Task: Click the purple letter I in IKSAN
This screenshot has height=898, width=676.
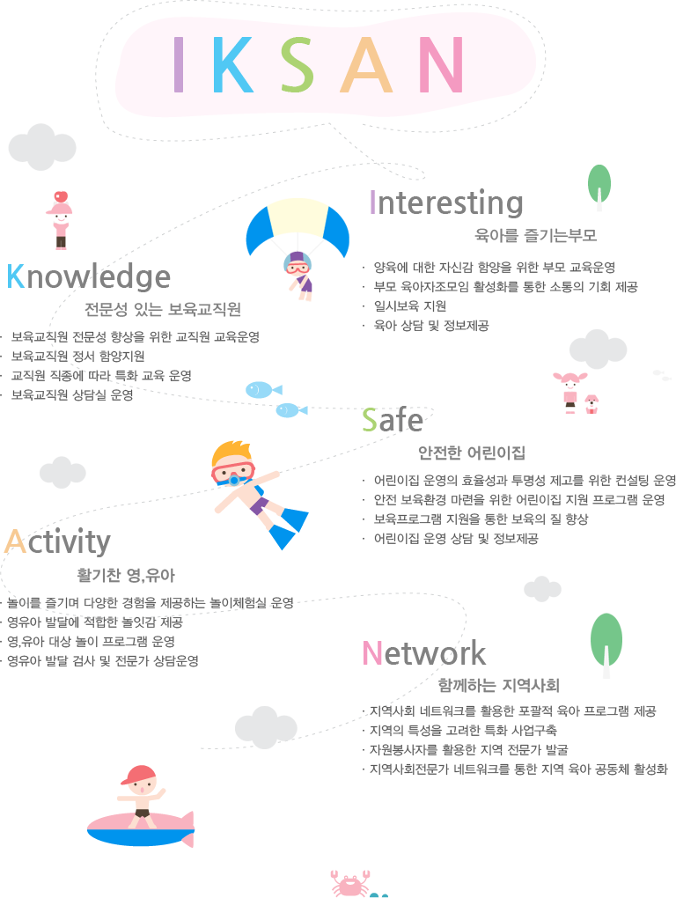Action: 178,64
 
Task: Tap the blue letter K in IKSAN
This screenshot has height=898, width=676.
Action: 233,64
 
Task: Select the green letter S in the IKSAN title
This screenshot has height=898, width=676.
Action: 297,64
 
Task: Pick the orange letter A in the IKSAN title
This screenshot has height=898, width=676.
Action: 366,64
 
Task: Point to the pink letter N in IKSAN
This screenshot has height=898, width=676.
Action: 441,64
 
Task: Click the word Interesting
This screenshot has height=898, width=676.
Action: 446,202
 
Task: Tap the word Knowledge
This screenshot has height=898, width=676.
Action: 89,276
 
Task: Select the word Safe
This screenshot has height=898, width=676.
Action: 393,421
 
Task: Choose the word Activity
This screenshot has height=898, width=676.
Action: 58,541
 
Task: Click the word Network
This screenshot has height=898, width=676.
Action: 423,653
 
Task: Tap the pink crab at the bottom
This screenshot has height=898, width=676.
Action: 349,882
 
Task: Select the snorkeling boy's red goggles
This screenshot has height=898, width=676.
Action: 232,472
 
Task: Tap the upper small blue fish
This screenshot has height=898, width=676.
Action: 261,389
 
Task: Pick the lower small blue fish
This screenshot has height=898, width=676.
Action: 290,410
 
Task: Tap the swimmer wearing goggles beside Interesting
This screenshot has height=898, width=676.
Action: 299,271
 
